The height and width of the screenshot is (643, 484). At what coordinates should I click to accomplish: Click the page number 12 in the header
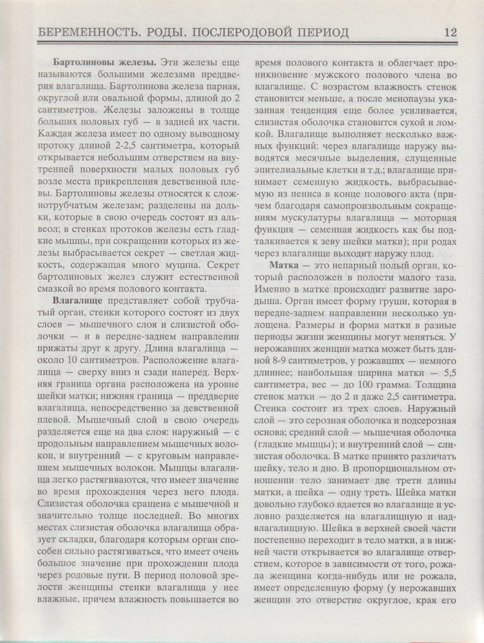[x=450, y=32]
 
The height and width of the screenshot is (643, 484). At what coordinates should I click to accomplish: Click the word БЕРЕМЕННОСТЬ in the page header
[x=82, y=32]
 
